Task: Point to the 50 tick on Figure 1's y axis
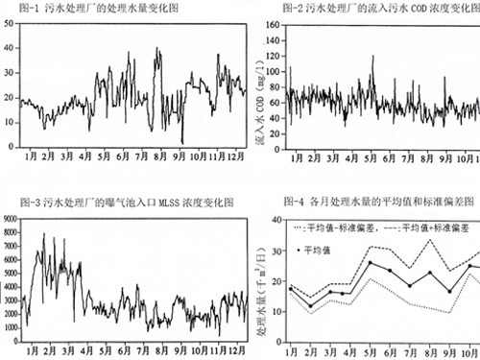[x=10, y=21]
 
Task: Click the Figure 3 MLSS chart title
[x=111, y=202]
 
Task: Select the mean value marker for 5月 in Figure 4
[x=370, y=262]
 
